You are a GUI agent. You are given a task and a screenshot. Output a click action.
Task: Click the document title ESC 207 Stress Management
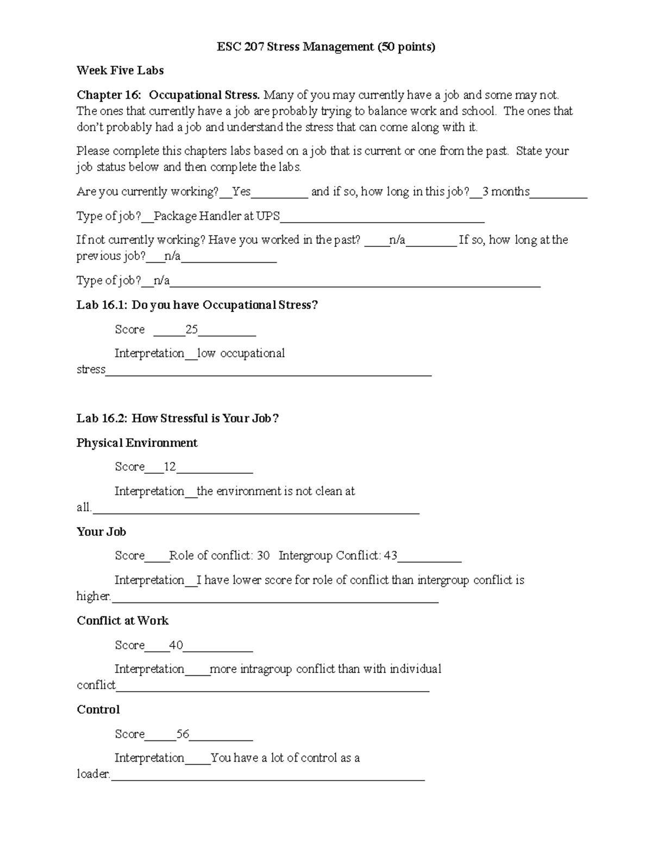326,47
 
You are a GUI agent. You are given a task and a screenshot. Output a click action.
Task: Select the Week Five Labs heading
120,71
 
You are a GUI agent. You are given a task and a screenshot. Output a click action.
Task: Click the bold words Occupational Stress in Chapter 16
204,95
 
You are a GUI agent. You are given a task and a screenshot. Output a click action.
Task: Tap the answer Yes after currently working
241,192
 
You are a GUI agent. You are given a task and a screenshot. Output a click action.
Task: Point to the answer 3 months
505,192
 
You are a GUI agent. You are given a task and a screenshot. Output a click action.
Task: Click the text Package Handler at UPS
217,216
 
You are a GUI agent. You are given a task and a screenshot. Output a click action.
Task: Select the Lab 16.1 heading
197,305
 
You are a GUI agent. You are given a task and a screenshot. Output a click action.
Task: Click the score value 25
191,329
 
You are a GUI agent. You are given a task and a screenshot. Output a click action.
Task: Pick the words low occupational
241,353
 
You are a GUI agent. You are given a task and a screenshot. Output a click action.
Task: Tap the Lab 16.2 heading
178,419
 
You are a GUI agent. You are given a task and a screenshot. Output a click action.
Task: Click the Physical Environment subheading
137,443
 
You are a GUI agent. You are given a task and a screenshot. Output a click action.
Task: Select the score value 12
170,467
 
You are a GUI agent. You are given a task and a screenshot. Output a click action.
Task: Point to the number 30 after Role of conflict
263,556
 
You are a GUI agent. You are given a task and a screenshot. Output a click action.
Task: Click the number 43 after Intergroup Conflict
390,556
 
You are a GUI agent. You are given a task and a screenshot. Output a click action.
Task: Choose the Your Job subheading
102,532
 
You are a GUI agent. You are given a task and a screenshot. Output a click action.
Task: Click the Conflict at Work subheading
123,621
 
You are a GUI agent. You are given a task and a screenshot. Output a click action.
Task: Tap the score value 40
175,645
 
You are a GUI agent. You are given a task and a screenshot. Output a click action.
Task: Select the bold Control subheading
98,710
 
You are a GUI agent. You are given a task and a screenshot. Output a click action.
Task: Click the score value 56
183,734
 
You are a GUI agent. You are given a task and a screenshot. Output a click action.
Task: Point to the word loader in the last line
93,774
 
